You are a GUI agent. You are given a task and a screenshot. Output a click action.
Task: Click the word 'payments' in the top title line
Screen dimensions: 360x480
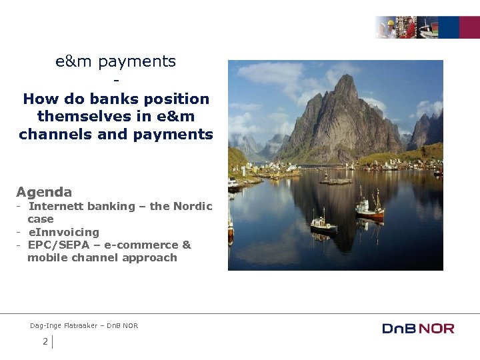point(137,62)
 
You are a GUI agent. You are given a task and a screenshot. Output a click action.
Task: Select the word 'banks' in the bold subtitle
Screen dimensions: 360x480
point(110,99)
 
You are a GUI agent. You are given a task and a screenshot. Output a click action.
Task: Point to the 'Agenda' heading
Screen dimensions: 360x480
point(44,192)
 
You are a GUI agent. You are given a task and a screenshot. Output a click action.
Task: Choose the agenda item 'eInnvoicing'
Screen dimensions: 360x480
point(63,232)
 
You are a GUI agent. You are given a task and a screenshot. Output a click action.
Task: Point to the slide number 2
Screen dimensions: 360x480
point(45,342)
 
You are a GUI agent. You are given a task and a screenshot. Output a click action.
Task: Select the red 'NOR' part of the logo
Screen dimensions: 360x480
point(437,328)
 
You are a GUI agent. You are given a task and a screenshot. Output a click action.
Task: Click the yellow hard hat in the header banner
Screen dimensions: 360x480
point(391,23)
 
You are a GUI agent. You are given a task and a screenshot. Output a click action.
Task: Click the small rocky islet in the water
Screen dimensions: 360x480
point(335,181)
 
